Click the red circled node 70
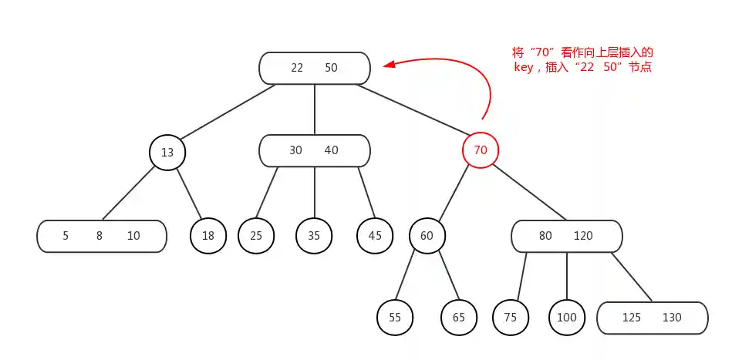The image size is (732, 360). (x=480, y=150)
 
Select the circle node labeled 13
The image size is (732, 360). (x=167, y=153)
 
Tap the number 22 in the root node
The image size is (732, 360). (x=297, y=68)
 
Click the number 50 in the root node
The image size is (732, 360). (x=331, y=68)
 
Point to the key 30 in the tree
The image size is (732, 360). (x=295, y=150)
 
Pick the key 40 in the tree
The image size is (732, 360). (x=331, y=150)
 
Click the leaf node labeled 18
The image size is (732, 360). (x=208, y=236)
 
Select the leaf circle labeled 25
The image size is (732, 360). (x=256, y=236)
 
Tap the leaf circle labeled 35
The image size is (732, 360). (x=314, y=236)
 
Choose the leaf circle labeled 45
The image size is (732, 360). (x=375, y=236)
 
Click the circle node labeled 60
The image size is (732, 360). (x=427, y=236)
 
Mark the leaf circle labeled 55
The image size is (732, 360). (x=395, y=317)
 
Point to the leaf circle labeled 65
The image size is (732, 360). (x=459, y=317)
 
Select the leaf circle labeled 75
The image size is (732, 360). (x=510, y=317)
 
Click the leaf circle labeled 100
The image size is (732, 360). (x=567, y=317)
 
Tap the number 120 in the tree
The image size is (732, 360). (x=583, y=236)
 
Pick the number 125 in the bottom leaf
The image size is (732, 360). (x=632, y=317)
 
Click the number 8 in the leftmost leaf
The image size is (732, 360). (x=100, y=236)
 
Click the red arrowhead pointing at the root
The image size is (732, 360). (x=390, y=66)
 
